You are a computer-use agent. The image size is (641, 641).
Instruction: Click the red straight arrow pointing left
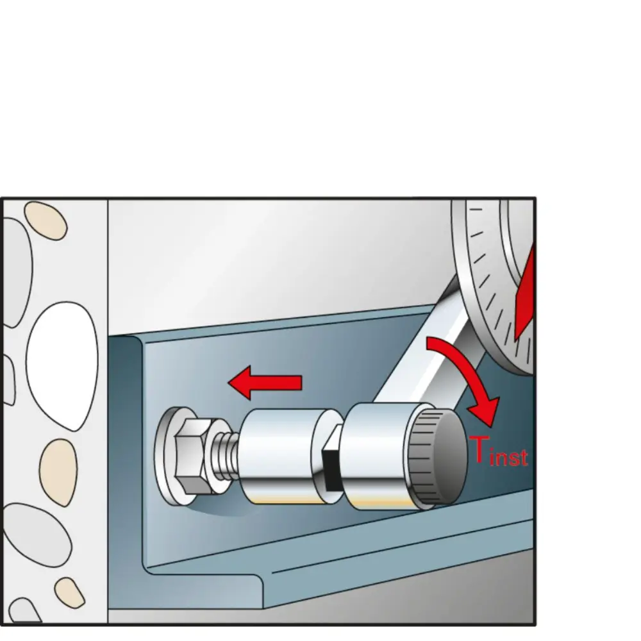265,383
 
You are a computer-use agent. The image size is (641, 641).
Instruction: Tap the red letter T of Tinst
479,450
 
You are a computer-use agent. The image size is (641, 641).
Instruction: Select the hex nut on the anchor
194,456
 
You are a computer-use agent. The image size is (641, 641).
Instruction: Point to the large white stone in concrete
62,365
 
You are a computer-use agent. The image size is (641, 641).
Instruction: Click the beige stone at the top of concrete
46,221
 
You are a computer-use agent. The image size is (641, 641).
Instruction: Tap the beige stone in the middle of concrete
58,472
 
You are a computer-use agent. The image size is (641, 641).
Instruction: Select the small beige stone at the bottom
69,592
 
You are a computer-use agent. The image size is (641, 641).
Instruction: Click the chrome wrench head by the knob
378,456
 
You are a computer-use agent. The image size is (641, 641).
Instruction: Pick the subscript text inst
509,457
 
